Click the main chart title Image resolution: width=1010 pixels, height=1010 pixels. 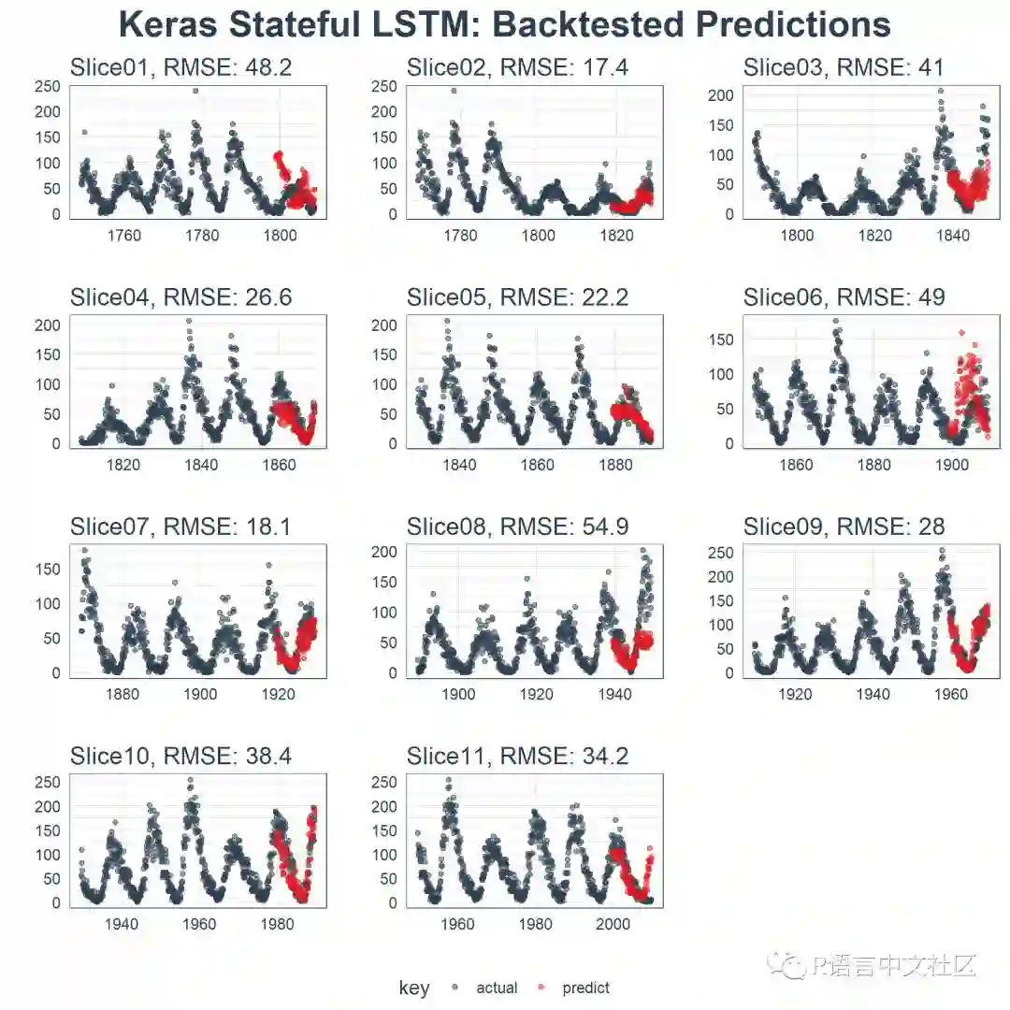[x=505, y=25]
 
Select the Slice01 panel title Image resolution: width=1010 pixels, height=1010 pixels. [x=180, y=67]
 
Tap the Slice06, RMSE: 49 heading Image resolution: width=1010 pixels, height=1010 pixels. [x=844, y=297]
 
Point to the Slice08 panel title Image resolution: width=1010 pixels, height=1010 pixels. [x=517, y=527]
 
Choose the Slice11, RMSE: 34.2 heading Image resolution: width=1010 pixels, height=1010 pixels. [x=517, y=757]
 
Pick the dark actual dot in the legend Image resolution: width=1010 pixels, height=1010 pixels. [x=455, y=988]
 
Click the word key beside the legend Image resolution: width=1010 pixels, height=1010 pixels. [x=413, y=988]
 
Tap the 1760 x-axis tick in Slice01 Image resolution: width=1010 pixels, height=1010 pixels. [x=124, y=236]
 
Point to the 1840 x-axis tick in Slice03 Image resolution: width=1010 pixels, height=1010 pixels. [x=953, y=236]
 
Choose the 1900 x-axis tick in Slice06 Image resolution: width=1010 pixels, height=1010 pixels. [x=951, y=465]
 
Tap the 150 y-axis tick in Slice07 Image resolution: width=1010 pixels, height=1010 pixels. [x=50, y=569]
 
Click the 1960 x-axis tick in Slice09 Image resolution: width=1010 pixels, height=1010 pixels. [x=951, y=694]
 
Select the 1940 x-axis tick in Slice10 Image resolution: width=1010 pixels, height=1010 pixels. [x=122, y=924]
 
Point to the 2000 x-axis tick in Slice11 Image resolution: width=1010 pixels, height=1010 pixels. [x=613, y=924]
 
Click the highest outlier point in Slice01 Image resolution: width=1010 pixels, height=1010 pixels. [x=195, y=91]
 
